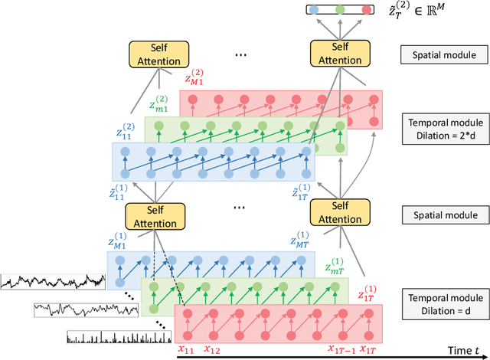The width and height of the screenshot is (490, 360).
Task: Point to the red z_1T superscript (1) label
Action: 371,293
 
